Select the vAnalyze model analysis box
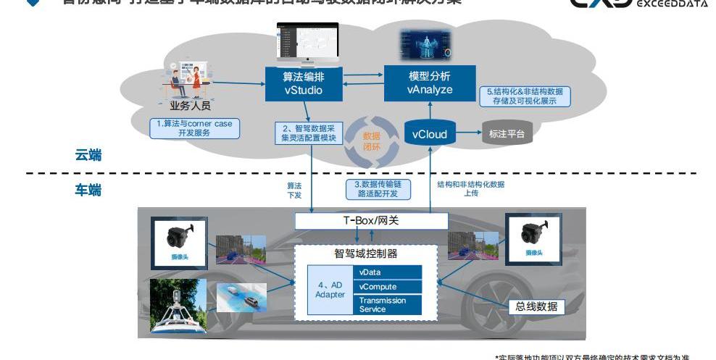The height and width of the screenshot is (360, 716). point(430,83)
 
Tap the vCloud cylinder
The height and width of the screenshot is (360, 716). point(430,134)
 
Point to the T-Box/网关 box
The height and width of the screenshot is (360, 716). point(370,221)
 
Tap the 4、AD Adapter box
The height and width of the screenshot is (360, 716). point(330,290)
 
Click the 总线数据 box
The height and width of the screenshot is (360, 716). point(537,306)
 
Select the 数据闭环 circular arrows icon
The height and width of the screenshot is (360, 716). point(371,140)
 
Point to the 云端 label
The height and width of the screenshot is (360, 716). point(88,154)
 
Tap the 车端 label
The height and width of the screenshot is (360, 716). point(88,190)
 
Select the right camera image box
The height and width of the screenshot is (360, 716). point(537,237)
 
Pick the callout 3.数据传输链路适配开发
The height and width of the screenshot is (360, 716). point(377,189)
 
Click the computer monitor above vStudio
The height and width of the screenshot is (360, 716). point(308,43)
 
